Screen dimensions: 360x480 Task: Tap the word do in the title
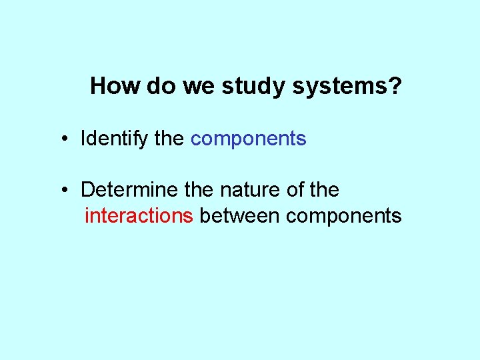(153, 86)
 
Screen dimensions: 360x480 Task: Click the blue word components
(248, 139)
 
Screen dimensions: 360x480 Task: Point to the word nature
(250, 190)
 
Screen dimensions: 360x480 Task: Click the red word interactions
(139, 216)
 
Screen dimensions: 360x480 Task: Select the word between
(240, 216)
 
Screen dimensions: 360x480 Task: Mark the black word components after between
(344, 216)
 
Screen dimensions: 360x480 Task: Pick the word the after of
(325, 190)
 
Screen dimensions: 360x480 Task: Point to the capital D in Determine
(87, 190)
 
